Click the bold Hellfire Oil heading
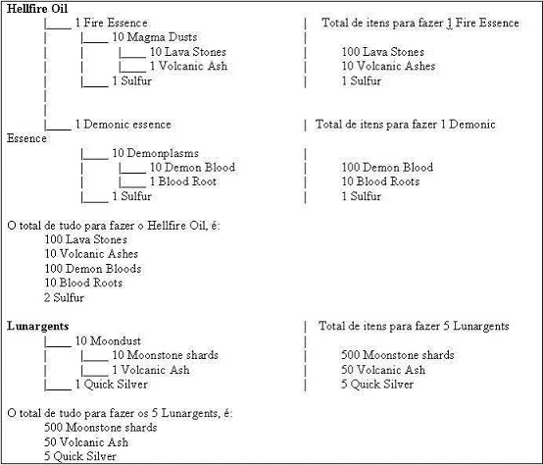coord(37,9)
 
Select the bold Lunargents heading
coord(38,326)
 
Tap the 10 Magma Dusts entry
coord(155,37)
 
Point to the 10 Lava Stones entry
coord(187,52)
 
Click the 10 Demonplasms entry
coord(155,153)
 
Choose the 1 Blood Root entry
coord(183,181)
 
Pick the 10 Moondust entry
coord(108,341)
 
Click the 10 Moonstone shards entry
coord(165,355)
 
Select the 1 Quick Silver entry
coord(111,385)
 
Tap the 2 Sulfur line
coord(64,297)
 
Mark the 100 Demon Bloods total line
coord(93,269)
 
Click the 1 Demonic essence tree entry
coord(123,125)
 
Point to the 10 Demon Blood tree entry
coord(192,168)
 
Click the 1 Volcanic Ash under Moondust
coord(151,370)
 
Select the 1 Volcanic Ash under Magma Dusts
coord(188,66)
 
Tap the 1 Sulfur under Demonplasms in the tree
coord(131,196)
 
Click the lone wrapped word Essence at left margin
coord(26,138)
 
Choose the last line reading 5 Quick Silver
coord(80,456)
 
